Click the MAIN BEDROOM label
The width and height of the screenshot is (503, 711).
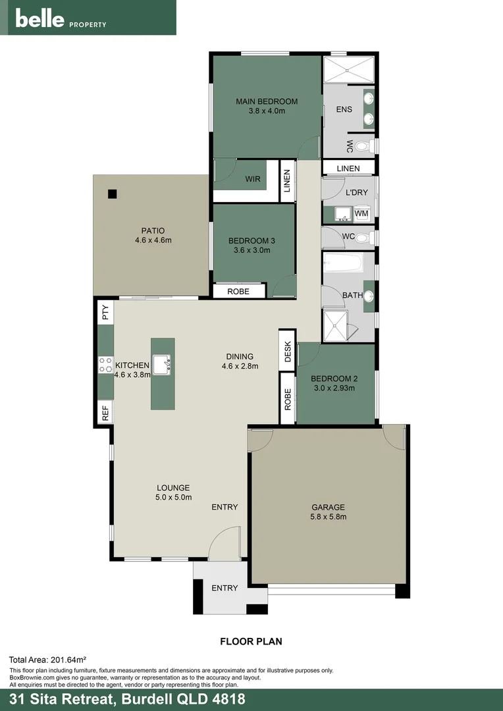(x=267, y=101)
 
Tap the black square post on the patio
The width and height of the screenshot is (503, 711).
(x=113, y=194)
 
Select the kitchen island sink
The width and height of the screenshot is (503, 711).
(x=162, y=362)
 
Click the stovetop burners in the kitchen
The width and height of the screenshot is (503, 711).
(x=105, y=365)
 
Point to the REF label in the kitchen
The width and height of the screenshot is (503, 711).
(x=105, y=413)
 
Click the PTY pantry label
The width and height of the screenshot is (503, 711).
(x=105, y=312)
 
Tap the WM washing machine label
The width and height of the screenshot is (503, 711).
(x=361, y=214)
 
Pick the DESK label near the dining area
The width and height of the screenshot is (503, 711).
(x=288, y=352)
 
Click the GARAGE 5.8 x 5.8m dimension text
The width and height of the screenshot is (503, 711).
(x=328, y=517)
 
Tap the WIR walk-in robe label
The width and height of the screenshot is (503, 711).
(x=253, y=179)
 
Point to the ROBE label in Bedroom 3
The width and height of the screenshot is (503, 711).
(x=238, y=291)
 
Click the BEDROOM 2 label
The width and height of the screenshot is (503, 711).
(x=334, y=379)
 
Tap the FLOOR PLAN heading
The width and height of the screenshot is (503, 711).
(x=251, y=640)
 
